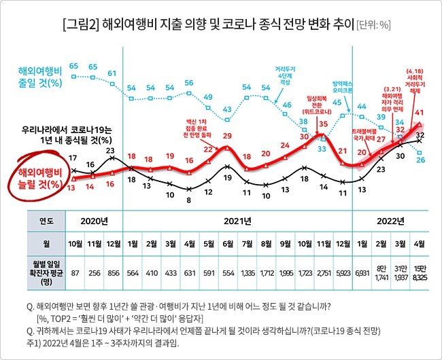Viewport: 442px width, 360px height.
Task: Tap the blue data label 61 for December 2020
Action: [112, 73]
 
